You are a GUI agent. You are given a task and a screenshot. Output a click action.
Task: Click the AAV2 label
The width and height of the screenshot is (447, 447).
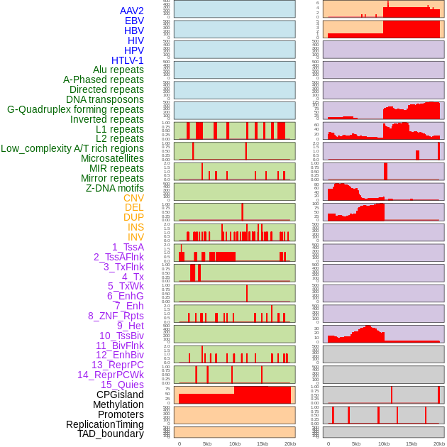pyautogui.click(x=132, y=11)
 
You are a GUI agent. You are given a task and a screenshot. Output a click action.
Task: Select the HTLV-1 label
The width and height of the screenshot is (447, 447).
pyautogui.click(x=128, y=60)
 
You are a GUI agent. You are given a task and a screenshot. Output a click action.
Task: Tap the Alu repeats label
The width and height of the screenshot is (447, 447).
pyautogui.click(x=118, y=70)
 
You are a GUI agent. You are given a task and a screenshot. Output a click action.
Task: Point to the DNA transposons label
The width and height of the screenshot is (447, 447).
pyautogui.click(x=105, y=99)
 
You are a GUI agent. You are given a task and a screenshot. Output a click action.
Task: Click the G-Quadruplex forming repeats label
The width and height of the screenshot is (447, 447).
pyautogui.click(x=75, y=109)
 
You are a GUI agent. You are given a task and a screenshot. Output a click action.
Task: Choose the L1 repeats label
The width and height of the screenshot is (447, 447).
pyautogui.click(x=120, y=129)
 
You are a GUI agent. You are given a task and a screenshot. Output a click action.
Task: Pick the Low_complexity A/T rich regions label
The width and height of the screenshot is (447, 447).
pyautogui.click(x=72, y=148)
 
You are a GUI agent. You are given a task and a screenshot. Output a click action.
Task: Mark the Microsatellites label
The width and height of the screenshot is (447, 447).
pyautogui.click(x=112, y=158)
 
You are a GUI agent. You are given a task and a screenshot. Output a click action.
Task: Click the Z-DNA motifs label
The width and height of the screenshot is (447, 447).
pyautogui.click(x=115, y=188)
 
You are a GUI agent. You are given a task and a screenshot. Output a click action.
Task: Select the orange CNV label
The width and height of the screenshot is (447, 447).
pyautogui.click(x=133, y=198)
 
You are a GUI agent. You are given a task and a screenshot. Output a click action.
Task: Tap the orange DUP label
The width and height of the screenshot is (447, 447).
pyautogui.click(x=133, y=217)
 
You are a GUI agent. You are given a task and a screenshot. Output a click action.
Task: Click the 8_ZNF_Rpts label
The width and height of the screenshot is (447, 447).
pyautogui.click(x=116, y=316)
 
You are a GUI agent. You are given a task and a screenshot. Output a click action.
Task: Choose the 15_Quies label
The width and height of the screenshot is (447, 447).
pyautogui.click(x=122, y=385)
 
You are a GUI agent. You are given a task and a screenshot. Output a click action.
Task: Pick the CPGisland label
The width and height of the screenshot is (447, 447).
pyautogui.click(x=120, y=394)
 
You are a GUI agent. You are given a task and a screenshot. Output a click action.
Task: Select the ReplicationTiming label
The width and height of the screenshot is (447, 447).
pyautogui.click(x=105, y=424)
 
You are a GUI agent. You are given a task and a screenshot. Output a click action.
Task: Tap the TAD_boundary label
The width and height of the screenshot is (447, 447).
pyautogui.click(x=111, y=434)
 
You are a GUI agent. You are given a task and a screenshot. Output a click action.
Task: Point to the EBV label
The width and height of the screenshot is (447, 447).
pyautogui.click(x=134, y=21)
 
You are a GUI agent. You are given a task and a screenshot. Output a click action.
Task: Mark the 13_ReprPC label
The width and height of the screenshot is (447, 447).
pyautogui.click(x=118, y=365)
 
